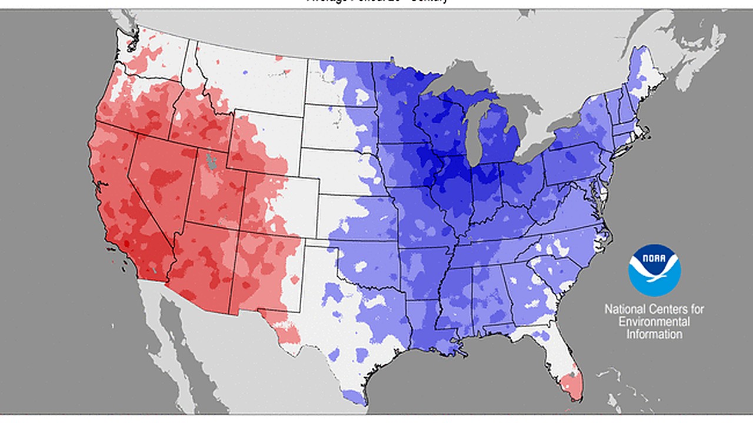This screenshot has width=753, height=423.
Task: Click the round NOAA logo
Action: [x=654, y=270]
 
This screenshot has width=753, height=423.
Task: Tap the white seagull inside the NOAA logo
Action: [x=655, y=271]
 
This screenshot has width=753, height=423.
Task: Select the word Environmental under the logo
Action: [x=654, y=322]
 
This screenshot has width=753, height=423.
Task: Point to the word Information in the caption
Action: [x=654, y=334]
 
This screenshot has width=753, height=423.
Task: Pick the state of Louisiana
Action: [x=427, y=329]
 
